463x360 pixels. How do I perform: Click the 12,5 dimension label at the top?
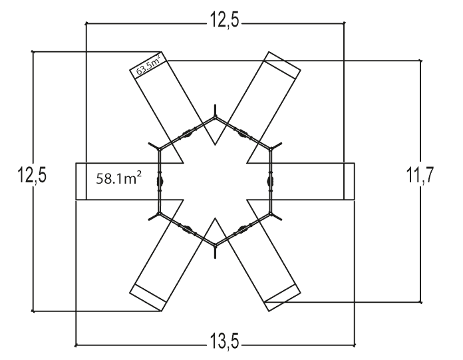click(x=224, y=20)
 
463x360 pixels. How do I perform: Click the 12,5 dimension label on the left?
click(x=32, y=175)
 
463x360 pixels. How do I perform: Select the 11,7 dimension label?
click(x=420, y=175)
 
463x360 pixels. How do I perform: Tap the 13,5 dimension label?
click(x=224, y=341)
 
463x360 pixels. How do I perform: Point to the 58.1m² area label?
click(x=118, y=178)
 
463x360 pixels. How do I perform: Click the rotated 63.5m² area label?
click(x=149, y=65)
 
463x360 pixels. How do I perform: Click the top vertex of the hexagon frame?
click(x=216, y=117)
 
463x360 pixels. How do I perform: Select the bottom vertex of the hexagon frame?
click(x=216, y=245)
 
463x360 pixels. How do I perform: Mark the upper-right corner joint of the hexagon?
click(x=271, y=149)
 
